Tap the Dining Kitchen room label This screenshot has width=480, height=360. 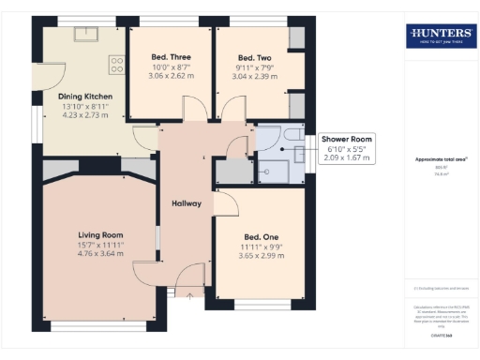(85, 97)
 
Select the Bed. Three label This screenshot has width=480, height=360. (170, 57)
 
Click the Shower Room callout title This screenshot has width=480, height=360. (346, 139)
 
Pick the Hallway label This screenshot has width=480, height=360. (187, 203)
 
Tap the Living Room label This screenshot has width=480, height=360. (100, 234)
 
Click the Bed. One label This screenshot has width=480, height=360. (260, 236)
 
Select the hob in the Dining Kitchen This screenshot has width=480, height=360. (116, 65)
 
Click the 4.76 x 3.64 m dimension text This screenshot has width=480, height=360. (101, 253)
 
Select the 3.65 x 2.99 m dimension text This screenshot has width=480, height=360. (260, 255)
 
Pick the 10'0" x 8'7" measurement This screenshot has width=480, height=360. (170, 67)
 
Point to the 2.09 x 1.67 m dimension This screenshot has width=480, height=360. (346, 157)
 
